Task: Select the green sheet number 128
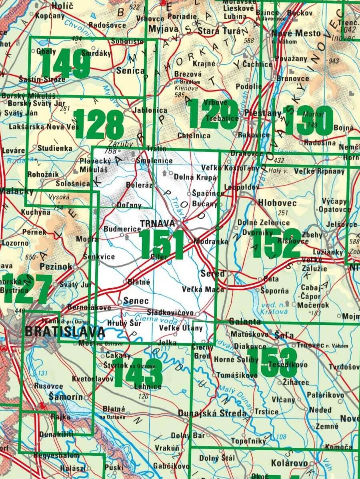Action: coord(99,124)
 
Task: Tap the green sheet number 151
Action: coord(162,245)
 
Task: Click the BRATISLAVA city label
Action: coord(65,332)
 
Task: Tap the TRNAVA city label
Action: coord(158,224)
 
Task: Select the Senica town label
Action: coord(130,71)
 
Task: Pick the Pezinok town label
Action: coord(56,266)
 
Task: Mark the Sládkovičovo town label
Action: coord(170,312)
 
